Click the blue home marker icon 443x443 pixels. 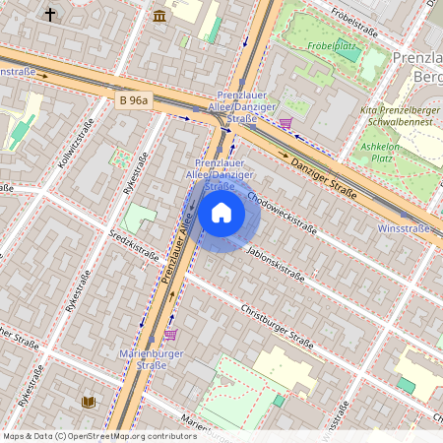point(221,213)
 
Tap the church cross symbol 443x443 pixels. point(50,15)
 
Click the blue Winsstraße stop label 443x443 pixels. point(404,228)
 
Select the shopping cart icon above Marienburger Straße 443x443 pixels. point(170,336)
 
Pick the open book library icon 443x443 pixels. point(89,402)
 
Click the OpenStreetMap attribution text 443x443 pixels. point(98,436)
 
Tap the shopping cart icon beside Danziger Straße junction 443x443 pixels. point(285,123)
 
